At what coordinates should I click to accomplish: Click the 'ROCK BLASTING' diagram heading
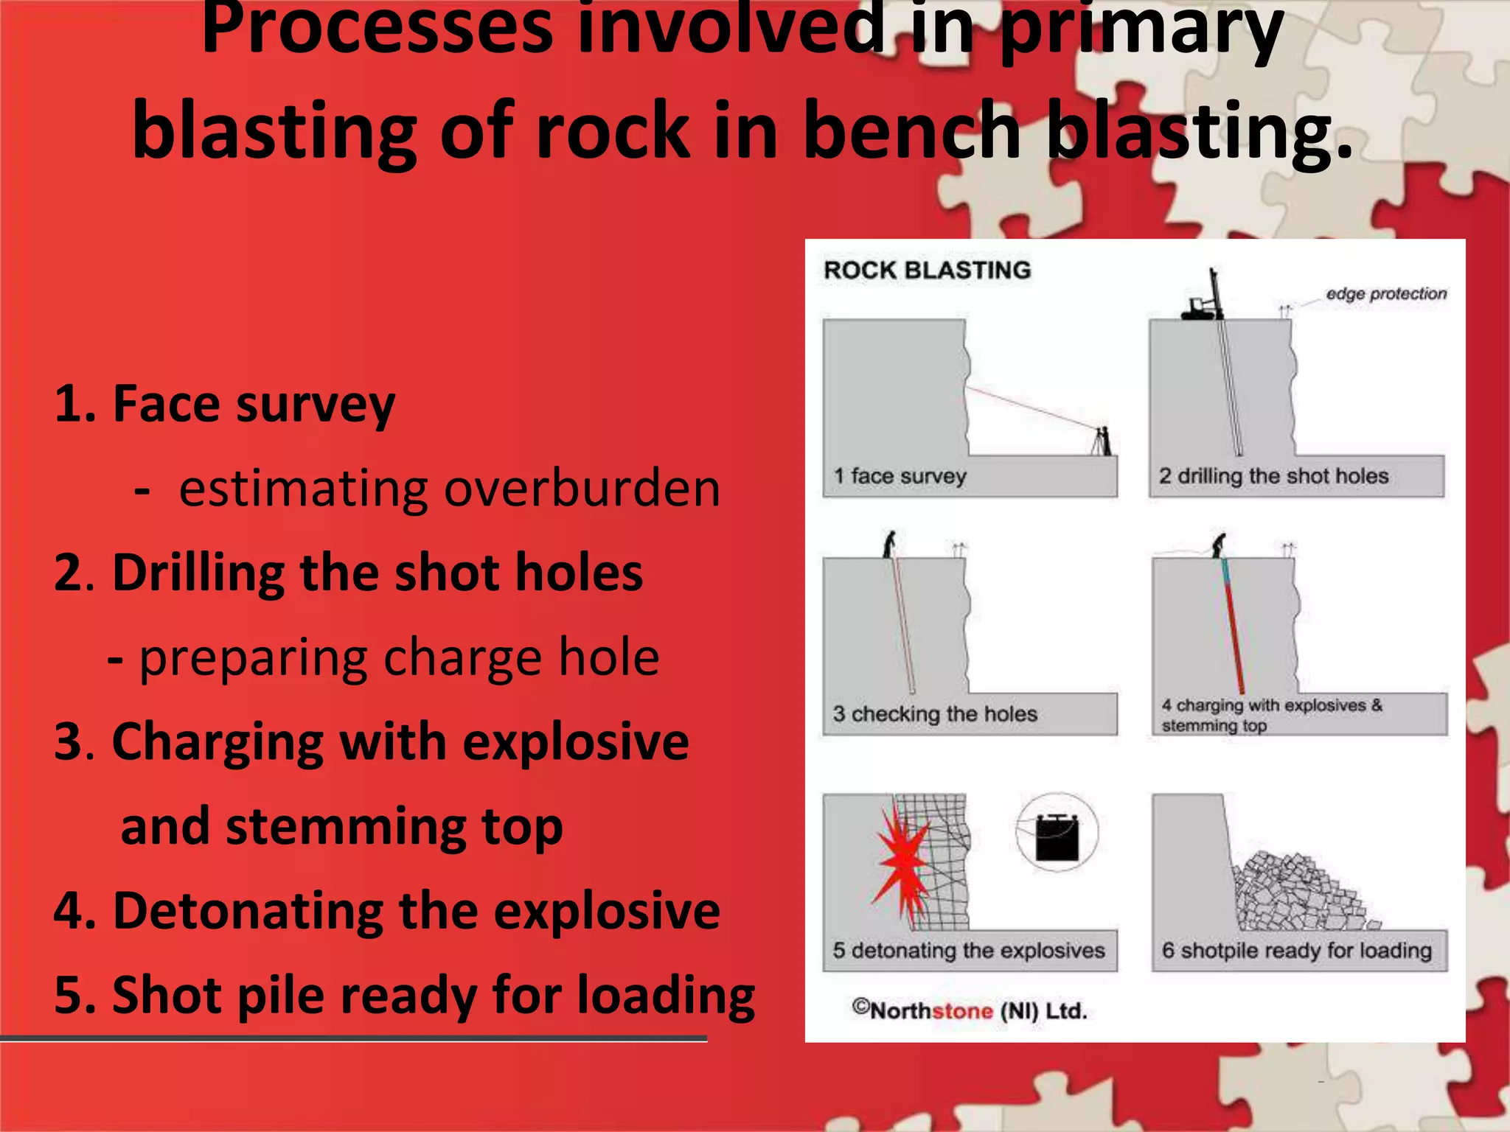[x=927, y=270]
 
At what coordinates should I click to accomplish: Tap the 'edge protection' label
[x=1385, y=293]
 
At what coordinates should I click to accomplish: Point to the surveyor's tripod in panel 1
[x=1102, y=441]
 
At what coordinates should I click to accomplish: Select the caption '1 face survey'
[x=900, y=476]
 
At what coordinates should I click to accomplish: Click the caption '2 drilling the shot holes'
[x=1273, y=476]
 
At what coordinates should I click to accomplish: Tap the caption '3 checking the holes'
[x=935, y=713]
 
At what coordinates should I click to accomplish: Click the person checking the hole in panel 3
[x=891, y=545]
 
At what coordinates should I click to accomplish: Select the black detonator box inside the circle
[x=1057, y=837]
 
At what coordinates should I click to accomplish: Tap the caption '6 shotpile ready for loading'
[x=1297, y=950]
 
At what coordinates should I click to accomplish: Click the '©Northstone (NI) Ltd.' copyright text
[x=970, y=1010]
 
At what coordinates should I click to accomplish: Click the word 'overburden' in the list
[x=582, y=489]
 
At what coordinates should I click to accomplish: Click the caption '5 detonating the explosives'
[x=969, y=950]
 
